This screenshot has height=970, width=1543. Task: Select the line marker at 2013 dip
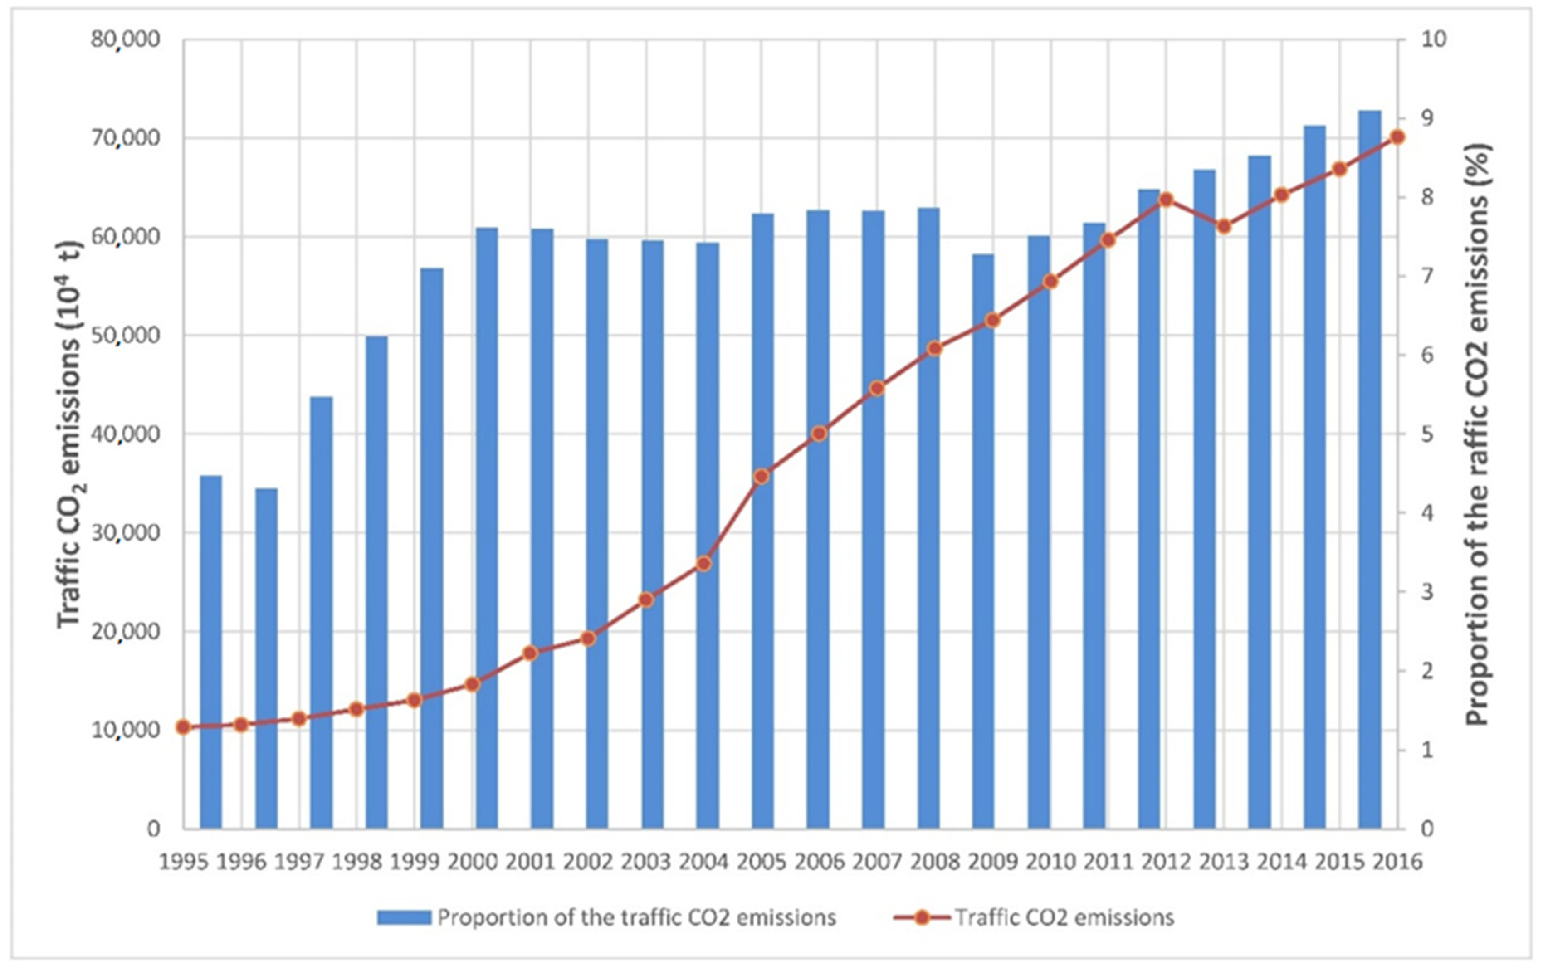coord(1224,226)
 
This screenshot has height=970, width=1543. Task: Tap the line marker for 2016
coord(1398,137)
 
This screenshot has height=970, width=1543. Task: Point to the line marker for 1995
coord(183,727)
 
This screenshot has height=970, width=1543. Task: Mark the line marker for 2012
coord(1166,199)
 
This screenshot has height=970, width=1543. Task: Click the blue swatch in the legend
coord(404,917)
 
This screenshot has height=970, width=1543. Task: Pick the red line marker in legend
coord(921,917)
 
